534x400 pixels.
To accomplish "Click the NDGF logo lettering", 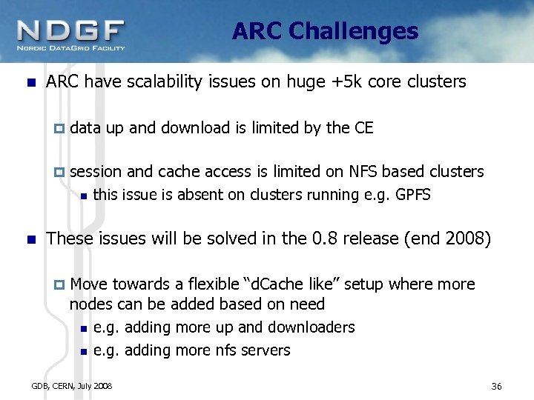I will point(71,30).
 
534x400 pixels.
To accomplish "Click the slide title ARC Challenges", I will point(325,31).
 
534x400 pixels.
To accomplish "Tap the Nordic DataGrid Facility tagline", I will point(71,48).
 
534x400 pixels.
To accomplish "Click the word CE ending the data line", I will point(363,127).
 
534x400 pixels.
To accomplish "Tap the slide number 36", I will point(497,387).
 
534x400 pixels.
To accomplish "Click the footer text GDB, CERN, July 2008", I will point(72,386).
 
